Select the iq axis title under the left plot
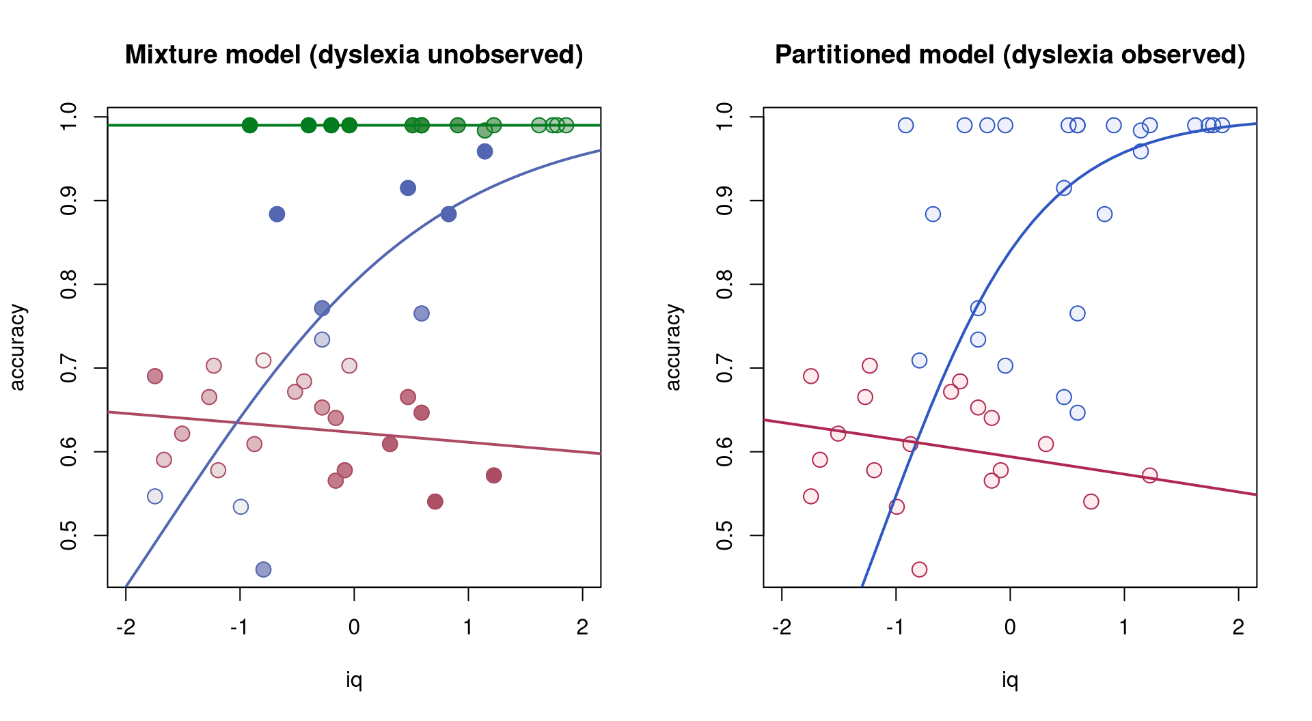pos(354,680)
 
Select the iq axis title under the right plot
pos(1010,680)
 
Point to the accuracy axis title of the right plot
pos(673,348)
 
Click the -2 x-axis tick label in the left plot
pos(125,627)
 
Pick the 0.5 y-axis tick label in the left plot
pos(69,535)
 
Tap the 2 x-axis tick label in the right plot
pos(1238,627)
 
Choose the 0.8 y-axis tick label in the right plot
pos(725,285)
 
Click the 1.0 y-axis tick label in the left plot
pos(69,117)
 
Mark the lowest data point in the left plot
pos(263,569)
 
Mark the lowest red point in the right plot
pos(919,569)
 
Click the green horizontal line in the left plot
pos(354,125)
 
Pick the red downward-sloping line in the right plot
pos(1010,457)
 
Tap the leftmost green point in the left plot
pos(249,125)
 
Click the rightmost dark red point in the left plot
pos(494,475)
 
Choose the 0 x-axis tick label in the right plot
pos(1010,627)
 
